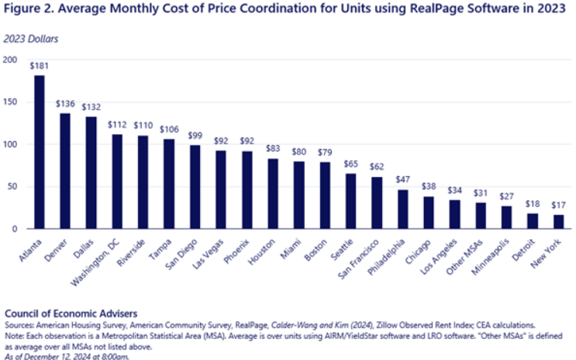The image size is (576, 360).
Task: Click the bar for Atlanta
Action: [39, 152]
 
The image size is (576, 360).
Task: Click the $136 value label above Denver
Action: [64, 104]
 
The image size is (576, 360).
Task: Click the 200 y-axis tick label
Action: [11, 60]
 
